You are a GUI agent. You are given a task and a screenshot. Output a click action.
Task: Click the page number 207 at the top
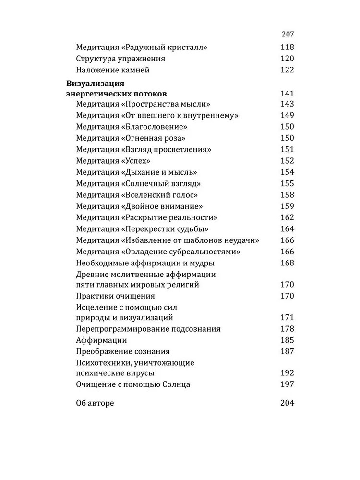coord(287,35)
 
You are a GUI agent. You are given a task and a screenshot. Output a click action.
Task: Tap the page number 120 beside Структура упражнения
coord(287,59)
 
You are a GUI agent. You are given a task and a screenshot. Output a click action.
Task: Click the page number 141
coord(287,93)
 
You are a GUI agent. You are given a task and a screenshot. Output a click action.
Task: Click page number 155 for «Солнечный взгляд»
coord(287,183)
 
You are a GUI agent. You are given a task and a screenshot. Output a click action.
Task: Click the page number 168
coord(287,263)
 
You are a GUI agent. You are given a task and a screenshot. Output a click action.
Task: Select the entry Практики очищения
coord(115,296)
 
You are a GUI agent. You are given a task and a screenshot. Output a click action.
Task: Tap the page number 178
coord(287,329)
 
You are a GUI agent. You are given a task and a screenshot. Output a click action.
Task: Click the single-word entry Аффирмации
coord(101,340)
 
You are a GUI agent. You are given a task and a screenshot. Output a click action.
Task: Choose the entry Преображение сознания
coord(123,351)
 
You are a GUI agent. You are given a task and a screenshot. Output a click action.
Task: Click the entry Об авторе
coord(95,403)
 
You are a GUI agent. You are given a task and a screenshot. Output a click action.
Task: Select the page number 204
coord(287,403)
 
